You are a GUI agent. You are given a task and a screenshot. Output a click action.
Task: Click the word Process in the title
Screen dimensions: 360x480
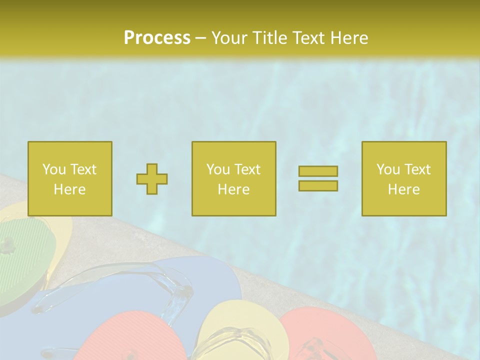point(157,38)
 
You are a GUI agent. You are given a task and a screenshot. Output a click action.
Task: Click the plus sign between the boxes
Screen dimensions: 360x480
point(152,179)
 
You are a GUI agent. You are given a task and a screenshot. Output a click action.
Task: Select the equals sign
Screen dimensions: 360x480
point(318,178)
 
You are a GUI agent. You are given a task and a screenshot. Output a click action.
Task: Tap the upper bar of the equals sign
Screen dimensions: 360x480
point(318,171)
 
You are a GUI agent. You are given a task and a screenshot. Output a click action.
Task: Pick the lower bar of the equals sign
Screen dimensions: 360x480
point(318,185)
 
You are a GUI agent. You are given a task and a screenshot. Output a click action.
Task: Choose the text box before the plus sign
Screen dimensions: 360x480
point(70,178)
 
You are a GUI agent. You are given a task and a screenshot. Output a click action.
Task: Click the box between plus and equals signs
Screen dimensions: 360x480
point(233,178)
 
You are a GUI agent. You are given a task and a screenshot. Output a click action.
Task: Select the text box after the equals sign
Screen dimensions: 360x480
point(403,178)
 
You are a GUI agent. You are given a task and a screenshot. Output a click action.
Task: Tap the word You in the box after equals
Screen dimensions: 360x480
point(388,169)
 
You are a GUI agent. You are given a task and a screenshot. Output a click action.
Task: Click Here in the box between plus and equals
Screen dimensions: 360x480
point(233,189)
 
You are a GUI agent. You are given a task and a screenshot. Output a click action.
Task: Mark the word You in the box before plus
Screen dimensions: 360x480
point(54,169)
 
